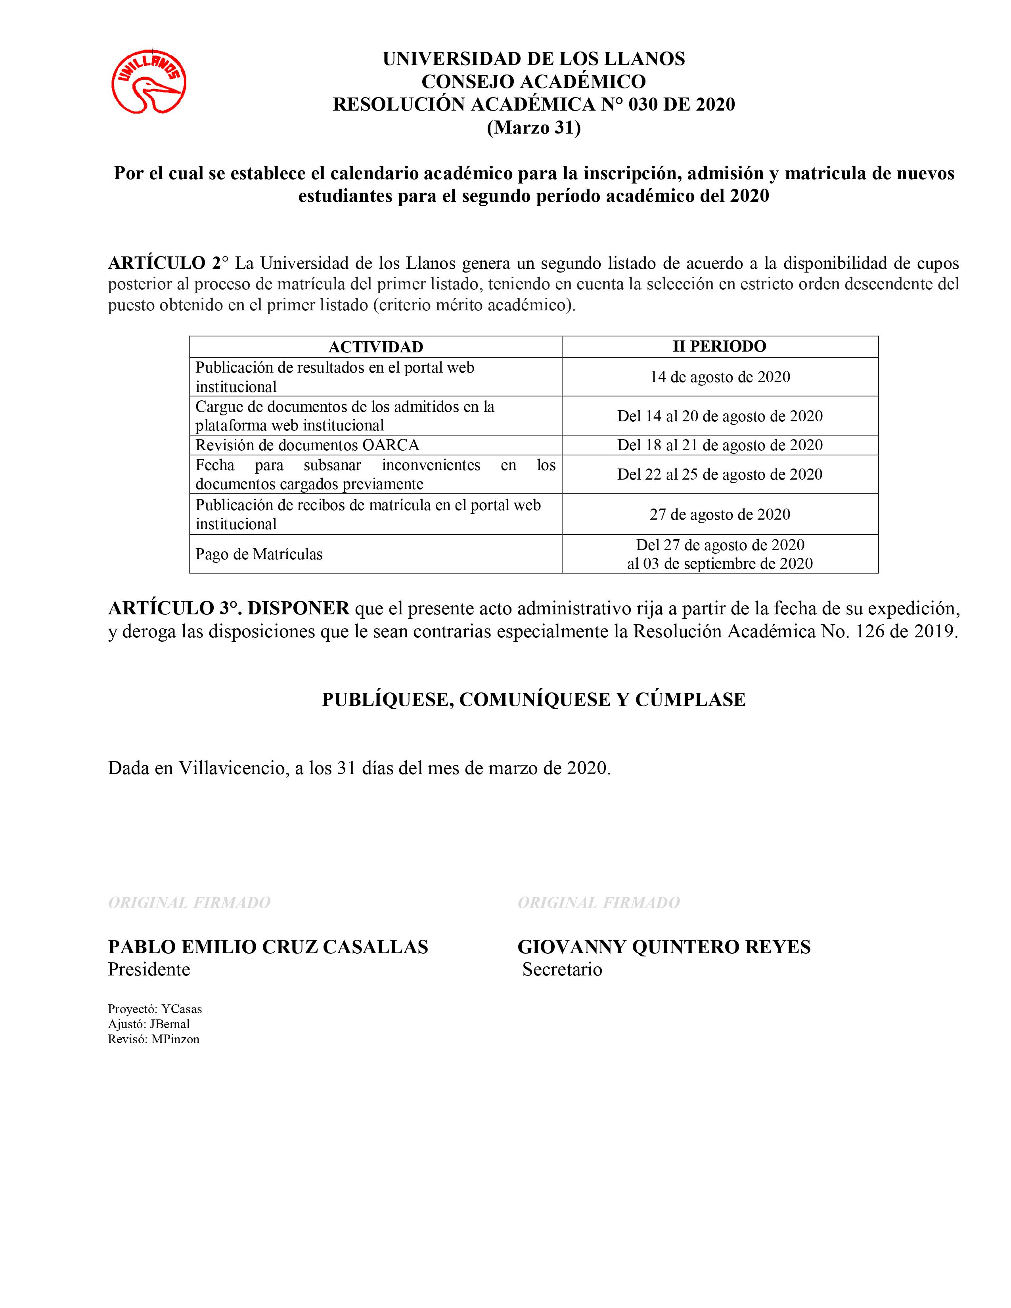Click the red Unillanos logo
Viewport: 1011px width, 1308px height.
tap(149, 81)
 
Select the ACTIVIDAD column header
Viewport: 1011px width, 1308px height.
tap(375, 347)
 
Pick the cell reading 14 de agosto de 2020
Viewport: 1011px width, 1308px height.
tap(720, 377)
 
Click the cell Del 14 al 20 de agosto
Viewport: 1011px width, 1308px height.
tap(720, 416)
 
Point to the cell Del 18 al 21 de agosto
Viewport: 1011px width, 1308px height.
tap(720, 445)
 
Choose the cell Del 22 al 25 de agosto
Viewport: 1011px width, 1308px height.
tap(720, 474)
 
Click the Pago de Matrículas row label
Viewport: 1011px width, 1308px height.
tap(259, 554)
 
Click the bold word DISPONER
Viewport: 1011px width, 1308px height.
tap(298, 608)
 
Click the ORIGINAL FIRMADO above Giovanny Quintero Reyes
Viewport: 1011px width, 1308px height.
tap(598, 903)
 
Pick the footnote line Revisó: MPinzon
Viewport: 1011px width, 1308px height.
tap(153, 1039)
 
